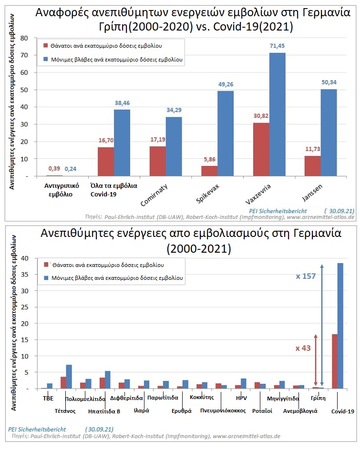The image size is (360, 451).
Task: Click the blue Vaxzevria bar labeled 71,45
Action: click(277, 114)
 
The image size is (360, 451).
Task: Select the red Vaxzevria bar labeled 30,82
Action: click(261, 150)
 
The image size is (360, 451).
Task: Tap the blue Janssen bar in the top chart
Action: click(329, 133)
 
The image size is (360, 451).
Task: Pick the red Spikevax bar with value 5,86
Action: click(209, 171)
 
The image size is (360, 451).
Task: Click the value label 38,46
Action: click(122, 103)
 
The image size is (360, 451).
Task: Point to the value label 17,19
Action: click(158, 140)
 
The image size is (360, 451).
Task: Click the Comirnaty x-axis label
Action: click(154, 195)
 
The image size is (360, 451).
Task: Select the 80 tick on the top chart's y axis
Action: click(24, 38)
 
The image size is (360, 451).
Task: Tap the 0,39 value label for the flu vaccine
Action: click(54, 169)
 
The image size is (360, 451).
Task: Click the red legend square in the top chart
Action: click(45, 45)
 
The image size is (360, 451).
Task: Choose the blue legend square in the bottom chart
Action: click(46, 278)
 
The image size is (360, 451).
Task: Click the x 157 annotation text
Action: click(306, 276)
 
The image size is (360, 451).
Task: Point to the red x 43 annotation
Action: click(303, 348)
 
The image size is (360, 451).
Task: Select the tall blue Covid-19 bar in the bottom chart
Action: click(340, 326)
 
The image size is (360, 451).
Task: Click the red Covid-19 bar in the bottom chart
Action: click(335, 361)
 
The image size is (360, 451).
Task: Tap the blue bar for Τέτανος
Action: click(69, 377)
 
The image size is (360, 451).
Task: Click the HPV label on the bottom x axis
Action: click(241, 398)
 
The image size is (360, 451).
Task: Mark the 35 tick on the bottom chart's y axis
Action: click(25, 275)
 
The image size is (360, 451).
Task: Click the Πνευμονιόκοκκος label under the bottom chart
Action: click(223, 411)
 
